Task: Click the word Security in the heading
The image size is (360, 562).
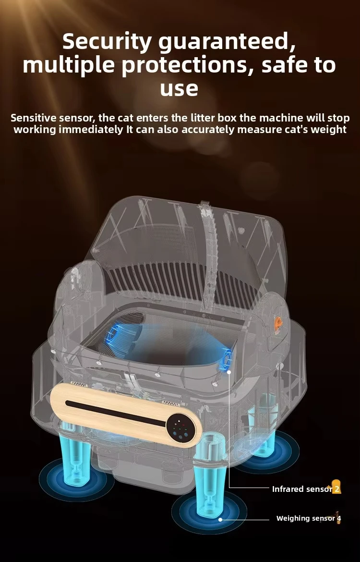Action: click(107, 42)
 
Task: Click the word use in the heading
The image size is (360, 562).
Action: click(179, 88)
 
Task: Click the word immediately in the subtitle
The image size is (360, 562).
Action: click(91, 129)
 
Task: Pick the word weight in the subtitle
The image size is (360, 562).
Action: click(329, 129)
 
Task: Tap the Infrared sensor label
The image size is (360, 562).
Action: click(302, 489)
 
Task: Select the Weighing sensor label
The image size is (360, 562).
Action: click(306, 518)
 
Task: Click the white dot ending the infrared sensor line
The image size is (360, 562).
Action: click(229, 372)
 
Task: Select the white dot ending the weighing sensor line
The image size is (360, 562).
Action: click(220, 519)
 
